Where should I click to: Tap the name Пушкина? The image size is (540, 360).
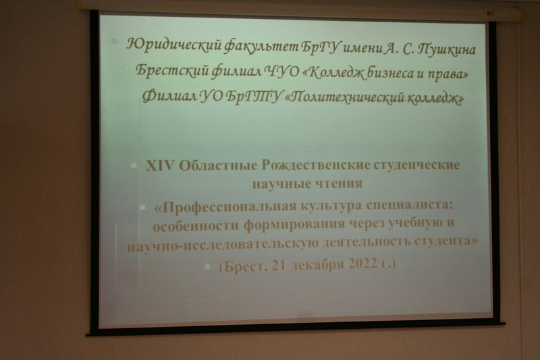tap(446, 49)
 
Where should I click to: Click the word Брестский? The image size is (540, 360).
tap(172, 71)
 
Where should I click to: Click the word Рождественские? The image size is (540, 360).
tap(311, 165)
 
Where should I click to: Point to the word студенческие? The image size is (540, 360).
tap(412, 165)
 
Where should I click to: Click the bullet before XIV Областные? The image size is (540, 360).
tap(134, 165)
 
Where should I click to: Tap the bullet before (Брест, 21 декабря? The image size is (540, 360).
tap(207, 266)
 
